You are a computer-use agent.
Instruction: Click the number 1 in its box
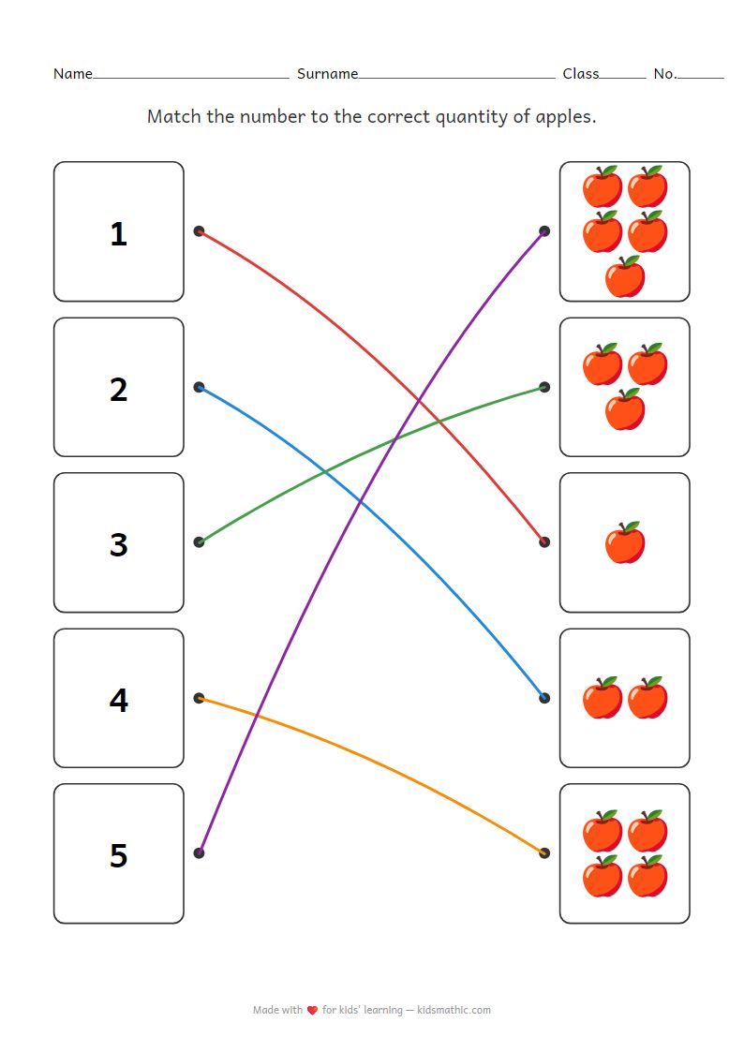pyautogui.click(x=118, y=233)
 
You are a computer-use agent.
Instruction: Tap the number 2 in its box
pyautogui.click(x=118, y=389)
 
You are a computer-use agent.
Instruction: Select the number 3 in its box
pyautogui.click(x=118, y=544)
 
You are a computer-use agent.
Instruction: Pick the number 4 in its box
pyautogui.click(x=118, y=700)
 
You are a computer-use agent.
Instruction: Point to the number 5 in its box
pyautogui.click(x=118, y=855)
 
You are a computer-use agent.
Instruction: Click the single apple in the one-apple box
pyautogui.click(x=625, y=543)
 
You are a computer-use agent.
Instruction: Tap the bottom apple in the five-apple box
pyautogui.click(x=625, y=277)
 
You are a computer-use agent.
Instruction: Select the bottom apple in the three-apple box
pyautogui.click(x=625, y=409)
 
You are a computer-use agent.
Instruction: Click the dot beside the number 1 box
pyautogui.click(x=199, y=231)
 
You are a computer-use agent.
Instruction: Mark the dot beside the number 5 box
pyautogui.click(x=199, y=852)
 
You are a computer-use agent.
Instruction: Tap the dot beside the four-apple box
pyautogui.click(x=544, y=852)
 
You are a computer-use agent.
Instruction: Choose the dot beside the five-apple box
pyautogui.click(x=544, y=231)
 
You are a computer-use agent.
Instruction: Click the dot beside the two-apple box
pyautogui.click(x=544, y=698)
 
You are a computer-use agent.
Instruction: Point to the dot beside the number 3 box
pyautogui.click(x=199, y=541)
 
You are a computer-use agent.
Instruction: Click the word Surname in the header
pyautogui.click(x=327, y=74)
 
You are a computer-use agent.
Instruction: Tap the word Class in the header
pyautogui.click(x=580, y=74)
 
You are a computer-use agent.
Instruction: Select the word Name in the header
pyautogui.click(x=72, y=74)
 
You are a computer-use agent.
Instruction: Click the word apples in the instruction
pyautogui.click(x=562, y=117)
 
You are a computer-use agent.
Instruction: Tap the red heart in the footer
pyautogui.click(x=313, y=1010)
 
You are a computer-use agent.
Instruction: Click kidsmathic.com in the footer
pyautogui.click(x=454, y=1010)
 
